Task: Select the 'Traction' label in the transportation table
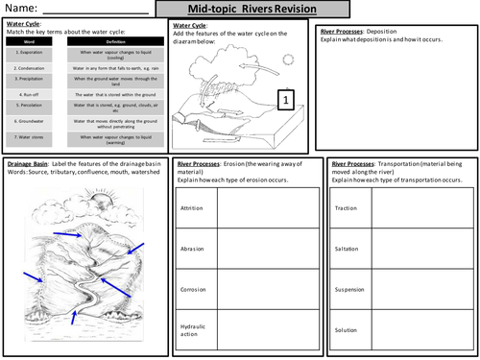click(x=346, y=206)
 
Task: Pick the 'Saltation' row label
click(x=347, y=248)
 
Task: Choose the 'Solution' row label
click(x=346, y=329)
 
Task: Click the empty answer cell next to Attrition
click(x=260, y=206)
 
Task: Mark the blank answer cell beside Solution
click(x=423, y=329)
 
